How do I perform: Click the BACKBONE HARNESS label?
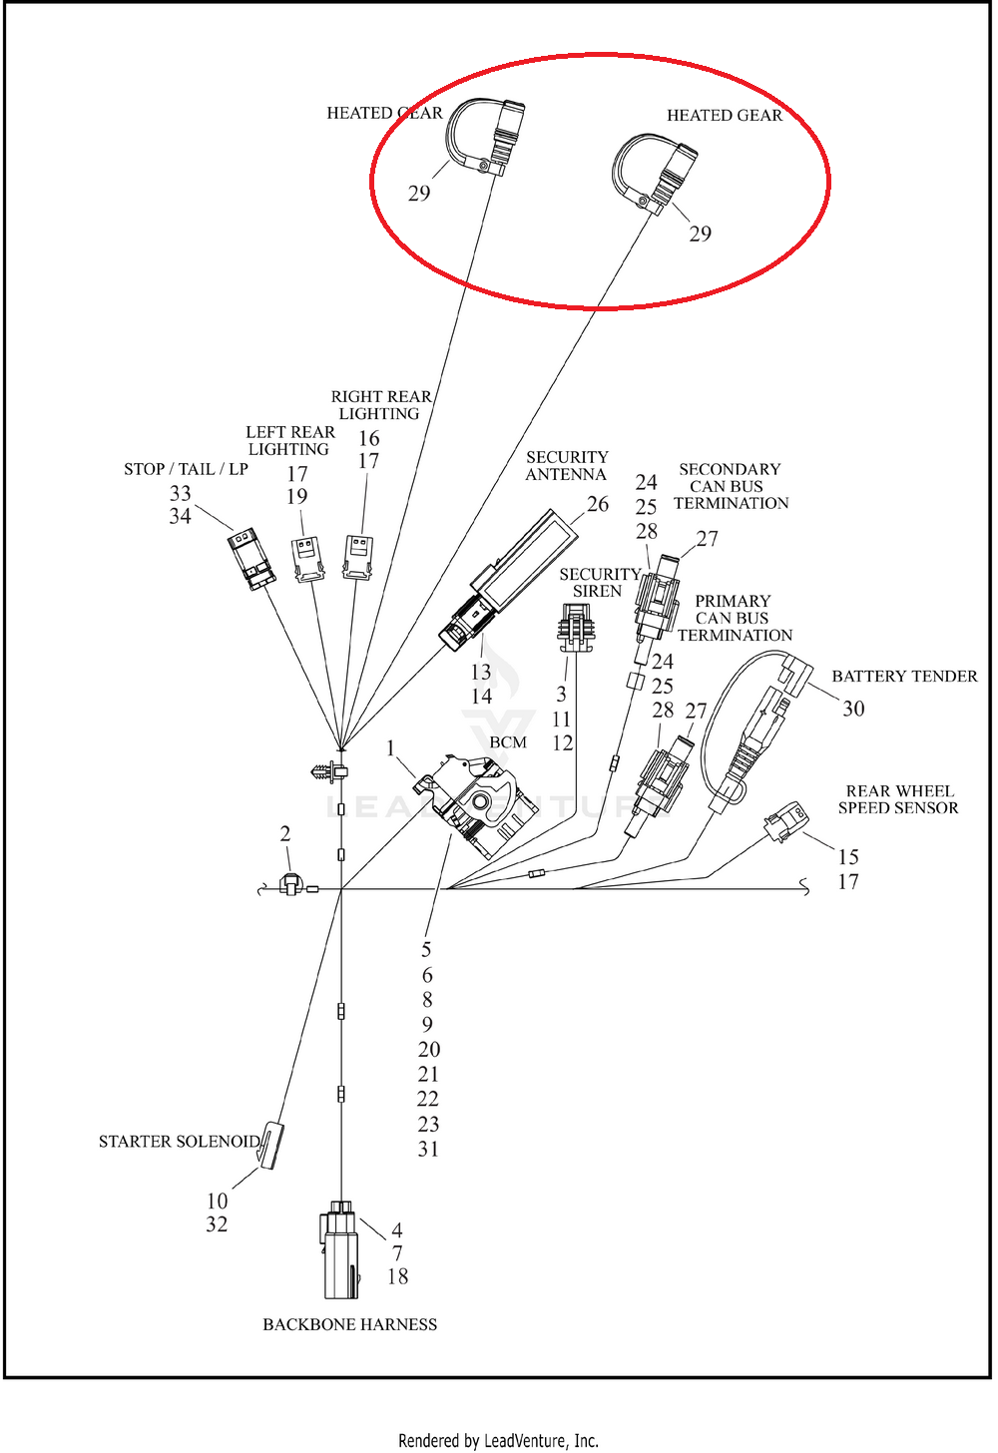(349, 1324)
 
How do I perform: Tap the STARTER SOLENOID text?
(180, 1142)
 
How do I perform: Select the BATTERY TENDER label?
(904, 676)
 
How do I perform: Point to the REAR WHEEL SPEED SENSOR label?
(899, 799)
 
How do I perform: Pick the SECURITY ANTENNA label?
(567, 466)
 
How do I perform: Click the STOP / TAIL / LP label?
(187, 469)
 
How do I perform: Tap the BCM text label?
(508, 742)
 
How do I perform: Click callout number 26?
(598, 504)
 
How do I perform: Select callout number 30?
(853, 709)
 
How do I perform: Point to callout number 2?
(285, 833)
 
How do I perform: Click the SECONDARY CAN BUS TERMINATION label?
(731, 486)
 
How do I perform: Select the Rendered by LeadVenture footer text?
(498, 1441)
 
